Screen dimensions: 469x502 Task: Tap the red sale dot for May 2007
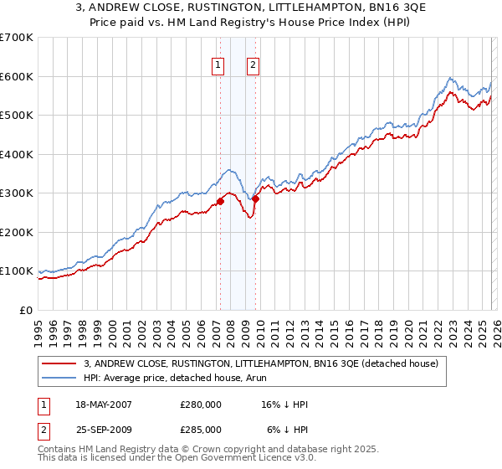point(220,201)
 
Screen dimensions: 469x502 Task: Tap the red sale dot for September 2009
point(255,199)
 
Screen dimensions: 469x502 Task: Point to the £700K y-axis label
point(16,38)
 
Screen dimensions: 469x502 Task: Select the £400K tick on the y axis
point(16,154)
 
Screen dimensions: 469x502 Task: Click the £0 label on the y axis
point(25,310)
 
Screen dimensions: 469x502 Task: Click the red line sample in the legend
point(60,363)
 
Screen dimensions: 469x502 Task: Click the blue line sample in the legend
point(60,378)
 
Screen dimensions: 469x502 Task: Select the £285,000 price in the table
point(200,429)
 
